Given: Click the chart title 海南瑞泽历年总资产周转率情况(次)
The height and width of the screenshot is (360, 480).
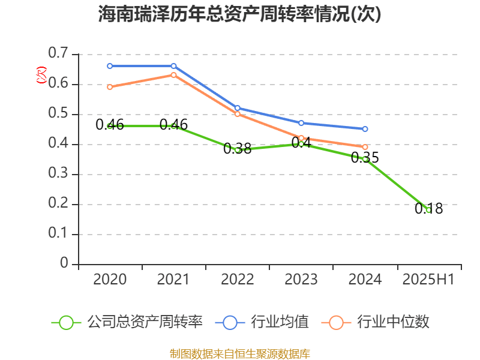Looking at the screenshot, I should tap(239, 14).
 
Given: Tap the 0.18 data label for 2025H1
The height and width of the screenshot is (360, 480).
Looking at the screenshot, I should tap(428, 209).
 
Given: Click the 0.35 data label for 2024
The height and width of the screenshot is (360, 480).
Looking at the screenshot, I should tap(365, 158).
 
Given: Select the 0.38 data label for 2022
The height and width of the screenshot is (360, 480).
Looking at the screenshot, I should tap(237, 149).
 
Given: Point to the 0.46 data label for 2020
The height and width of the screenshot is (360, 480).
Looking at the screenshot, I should tap(110, 125).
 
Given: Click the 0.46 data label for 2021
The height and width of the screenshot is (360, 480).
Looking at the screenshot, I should tap(173, 125).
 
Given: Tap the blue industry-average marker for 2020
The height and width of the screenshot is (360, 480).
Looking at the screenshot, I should tap(110, 66).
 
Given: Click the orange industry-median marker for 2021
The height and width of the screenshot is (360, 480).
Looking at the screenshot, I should tap(173, 75).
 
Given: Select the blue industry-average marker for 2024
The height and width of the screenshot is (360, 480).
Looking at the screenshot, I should tap(365, 129).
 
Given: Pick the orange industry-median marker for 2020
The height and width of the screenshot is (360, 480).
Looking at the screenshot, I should tap(110, 87).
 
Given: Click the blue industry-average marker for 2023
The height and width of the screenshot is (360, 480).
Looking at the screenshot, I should tap(301, 123).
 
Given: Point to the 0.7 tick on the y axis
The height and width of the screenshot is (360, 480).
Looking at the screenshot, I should tap(58, 54).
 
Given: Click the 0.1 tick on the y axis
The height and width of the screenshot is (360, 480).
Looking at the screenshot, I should tap(58, 234).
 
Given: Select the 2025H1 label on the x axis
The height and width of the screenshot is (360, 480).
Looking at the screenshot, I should tap(428, 279).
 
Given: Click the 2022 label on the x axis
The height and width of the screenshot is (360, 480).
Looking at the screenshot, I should tap(237, 279).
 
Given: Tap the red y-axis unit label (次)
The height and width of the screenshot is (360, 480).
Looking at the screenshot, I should tap(41, 74).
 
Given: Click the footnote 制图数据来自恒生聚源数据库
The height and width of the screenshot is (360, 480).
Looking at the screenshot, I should tap(239, 353).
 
